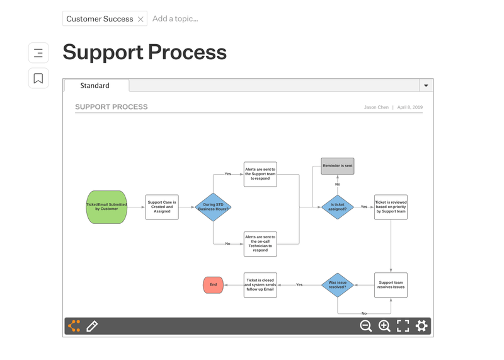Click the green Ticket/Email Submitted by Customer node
pyautogui.click(x=106, y=207)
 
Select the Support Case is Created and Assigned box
pyautogui.click(x=162, y=207)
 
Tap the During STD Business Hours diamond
pyautogui.click(x=213, y=207)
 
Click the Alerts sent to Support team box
pyautogui.click(x=260, y=174)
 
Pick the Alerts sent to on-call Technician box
pyautogui.click(x=260, y=244)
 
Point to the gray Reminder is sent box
pyautogui.click(x=338, y=166)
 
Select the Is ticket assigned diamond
pyautogui.click(x=338, y=207)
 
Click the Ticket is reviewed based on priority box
pyautogui.click(x=391, y=207)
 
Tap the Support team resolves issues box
pyautogui.click(x=391, y=285)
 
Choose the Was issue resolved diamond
pyautogui.click(x=338, y=285)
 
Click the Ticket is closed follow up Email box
pyautogui.click(x=260, y=285)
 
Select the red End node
pyautogui.click(x=213, y=285)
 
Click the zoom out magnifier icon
pyautogui.click(x=366, y=326)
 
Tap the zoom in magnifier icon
pyautogui.click(x=384, y=326)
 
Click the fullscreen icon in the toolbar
pyautogui.click(x=403, y=326)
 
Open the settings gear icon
pyautogui.click(x=421, y=326)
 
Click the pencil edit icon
pyautogui.click(x=92, y=326)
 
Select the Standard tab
pyautogui.click(x=95, y=86)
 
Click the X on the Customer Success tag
pyautogui.click(x=140, y=20)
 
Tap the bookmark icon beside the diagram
pyautogui.click(x=38, y=78)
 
